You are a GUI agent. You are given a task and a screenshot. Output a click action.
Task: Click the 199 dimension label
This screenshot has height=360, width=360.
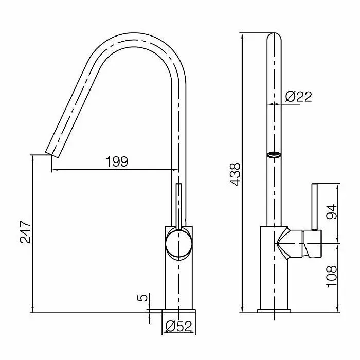click(117, 161)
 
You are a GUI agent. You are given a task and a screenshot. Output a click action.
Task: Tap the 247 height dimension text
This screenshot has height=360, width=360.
click(25, 232)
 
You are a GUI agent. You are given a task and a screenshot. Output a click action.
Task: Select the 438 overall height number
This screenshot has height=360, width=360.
click(236, 174)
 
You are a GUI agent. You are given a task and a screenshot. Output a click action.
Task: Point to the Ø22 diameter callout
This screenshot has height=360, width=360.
click(298, 97)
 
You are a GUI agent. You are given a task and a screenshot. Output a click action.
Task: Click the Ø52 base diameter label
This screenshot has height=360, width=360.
click(178, 326)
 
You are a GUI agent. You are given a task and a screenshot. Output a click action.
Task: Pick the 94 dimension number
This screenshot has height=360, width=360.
click(332, 211)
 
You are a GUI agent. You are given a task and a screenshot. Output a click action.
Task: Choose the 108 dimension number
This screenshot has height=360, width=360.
click(332, 277)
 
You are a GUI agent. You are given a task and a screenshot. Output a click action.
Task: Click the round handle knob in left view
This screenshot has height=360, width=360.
click(178, 243)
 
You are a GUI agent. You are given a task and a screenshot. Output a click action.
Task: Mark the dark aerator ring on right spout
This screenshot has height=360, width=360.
click(274, 155)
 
